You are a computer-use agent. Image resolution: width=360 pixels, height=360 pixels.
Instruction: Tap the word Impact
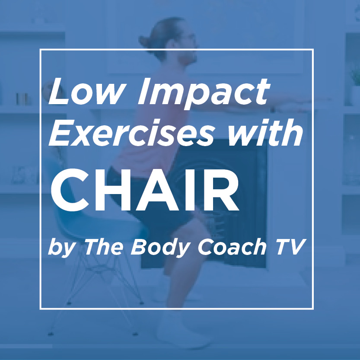(204, 93)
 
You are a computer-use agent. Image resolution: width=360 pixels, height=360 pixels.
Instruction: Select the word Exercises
(131, 133)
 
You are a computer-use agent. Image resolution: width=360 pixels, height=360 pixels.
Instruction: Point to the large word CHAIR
(145, 190)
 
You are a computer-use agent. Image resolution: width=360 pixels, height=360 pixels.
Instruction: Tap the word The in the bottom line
(103, 247)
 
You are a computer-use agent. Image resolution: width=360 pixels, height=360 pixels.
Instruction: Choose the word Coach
(232, 247)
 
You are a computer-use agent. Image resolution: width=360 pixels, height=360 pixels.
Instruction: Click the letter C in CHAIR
(70, 190)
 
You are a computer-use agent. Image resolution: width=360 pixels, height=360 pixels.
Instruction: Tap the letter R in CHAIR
(222, 190)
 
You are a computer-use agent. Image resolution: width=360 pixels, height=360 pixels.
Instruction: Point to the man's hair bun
(147, 42)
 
